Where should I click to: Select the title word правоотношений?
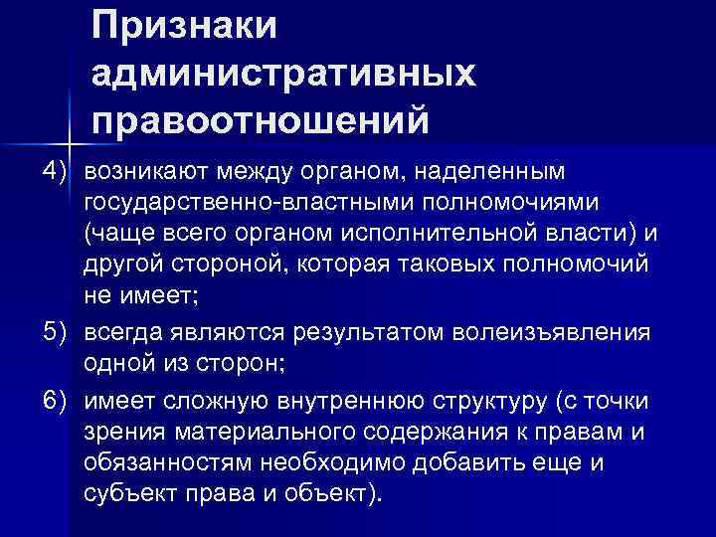[261, 121]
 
